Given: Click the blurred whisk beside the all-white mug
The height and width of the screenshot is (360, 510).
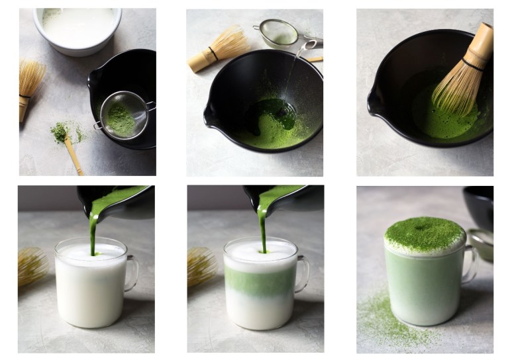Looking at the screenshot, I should tap(32, 265).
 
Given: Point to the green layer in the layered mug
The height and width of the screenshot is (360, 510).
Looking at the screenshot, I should tap(260, 281).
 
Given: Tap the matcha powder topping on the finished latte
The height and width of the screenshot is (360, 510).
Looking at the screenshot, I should tap(425, 232).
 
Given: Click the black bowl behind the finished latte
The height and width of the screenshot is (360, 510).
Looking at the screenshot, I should tap(480, 205).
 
